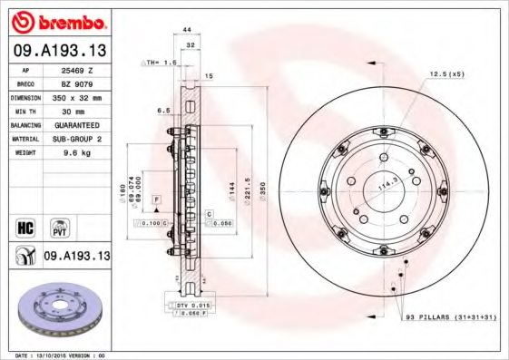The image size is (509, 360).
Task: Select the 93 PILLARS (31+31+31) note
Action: tap(445, 317)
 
